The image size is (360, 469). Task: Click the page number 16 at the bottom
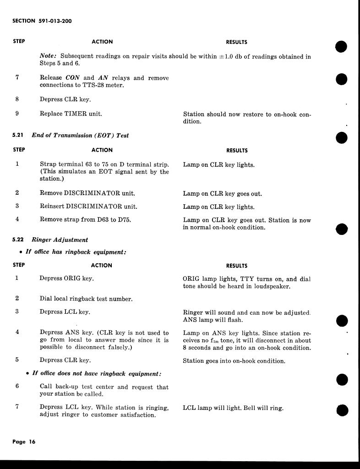pos(31,442)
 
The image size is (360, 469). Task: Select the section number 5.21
pos(18,136)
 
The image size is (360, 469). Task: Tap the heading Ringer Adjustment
pos(60,240)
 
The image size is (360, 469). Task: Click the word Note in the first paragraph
pos(48,57)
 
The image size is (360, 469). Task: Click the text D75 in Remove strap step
pos(124,219)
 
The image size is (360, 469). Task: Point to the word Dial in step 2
pos(46,299)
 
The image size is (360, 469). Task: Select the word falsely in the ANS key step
pos(113,348)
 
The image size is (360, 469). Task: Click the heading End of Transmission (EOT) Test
pos(80,136)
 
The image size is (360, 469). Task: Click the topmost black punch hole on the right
pos(341,47)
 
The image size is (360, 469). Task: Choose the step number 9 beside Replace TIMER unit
pos(17,114)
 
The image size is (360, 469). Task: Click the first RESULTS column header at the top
pos(236,42)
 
